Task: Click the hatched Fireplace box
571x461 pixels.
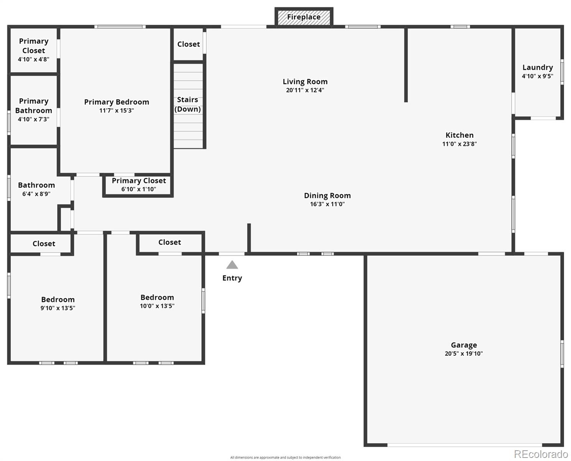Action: tap(304, 17)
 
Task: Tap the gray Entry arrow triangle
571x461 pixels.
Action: tap(232, 265)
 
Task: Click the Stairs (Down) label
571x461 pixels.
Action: tap(188, 104)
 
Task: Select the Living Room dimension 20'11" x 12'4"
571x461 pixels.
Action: tap(305, 90)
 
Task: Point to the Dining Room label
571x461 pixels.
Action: tap(327, 195)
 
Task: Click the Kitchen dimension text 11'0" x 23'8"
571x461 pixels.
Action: tap(459, 144)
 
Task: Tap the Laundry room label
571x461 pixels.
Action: tap(537, 67)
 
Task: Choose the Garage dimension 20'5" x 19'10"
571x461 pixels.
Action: tap(464, 354)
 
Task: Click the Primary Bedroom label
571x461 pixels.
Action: tap(117, 102)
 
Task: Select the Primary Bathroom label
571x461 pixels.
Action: tap(34, 106)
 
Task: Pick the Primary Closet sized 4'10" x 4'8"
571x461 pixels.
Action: tap(34, 50)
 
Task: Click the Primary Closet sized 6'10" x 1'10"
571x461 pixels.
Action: tap(139, 184)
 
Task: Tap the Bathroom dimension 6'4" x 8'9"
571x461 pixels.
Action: tap(36, 194)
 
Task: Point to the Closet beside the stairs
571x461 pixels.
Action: tap(188, 44)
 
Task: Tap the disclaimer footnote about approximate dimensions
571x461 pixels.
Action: tap(285, 458)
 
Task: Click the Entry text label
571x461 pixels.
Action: tap(232, 278)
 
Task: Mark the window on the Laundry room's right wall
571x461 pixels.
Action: tap(562, 71)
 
